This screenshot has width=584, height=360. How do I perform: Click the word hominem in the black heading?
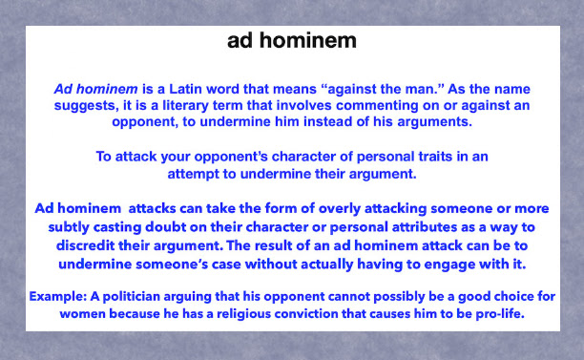[x=307, y=40]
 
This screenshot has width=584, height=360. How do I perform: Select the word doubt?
[x=165, y=227]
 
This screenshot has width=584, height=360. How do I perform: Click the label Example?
[x=57, y=297]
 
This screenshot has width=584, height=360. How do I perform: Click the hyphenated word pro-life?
[x=500, y=314]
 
